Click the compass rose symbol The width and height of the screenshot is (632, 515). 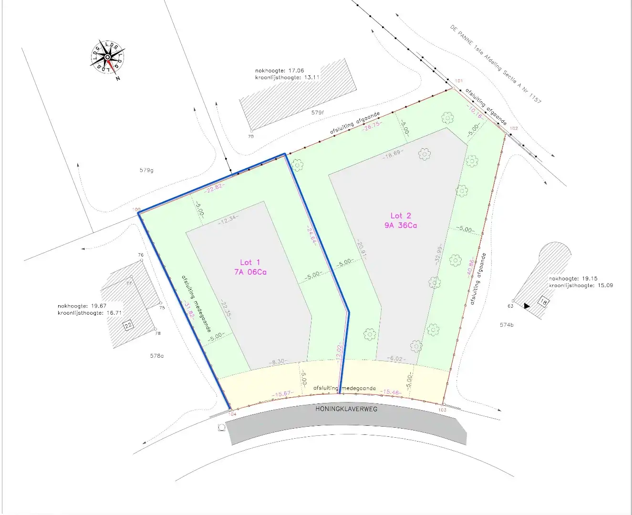click(108, 57)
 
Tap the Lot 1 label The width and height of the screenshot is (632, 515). click(250, 262)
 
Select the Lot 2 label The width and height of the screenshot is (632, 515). click(401, 216)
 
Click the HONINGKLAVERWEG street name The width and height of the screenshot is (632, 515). click(346, 409)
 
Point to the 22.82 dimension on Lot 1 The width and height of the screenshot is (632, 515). click(214, 187)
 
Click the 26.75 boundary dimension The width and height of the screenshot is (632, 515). click(372, 126)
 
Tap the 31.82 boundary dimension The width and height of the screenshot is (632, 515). click(189, 309)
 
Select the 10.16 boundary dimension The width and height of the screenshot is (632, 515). click(475, 113)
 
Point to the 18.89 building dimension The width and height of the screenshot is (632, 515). click(393, 154)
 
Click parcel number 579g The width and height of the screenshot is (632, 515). click(146, 170)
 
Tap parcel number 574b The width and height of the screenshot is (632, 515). click(507, 325)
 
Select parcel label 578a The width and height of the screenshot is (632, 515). click(156, 356)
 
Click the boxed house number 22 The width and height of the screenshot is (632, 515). click(128, 326)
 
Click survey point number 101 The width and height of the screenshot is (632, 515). click(458, 81)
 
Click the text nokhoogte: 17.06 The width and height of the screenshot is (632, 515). click(280, 71)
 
